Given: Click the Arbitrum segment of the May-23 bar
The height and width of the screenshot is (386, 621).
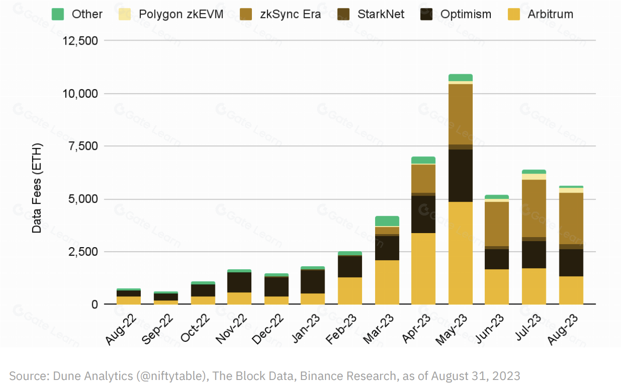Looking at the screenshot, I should coord(460,253).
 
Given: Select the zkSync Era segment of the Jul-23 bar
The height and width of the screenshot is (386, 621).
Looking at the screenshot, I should coord(534,208).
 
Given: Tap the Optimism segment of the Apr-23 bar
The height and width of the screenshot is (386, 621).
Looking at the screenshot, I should coord(423,215).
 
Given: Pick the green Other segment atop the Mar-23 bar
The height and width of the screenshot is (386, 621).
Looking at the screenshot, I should coord(387,221).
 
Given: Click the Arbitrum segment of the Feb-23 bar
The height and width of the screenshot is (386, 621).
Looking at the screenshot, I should coord(350,291).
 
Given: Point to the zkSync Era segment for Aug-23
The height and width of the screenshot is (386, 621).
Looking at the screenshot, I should coord(571,219).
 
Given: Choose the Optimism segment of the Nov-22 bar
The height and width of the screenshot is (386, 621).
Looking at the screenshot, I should coord(239,282).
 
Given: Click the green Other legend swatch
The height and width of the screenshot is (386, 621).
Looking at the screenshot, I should coord(58,14).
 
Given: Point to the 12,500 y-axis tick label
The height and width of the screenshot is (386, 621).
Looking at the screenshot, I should coord(80,41).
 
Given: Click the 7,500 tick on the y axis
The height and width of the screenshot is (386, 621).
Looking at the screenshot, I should coord(84,146).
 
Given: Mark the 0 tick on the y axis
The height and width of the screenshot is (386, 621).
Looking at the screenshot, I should coord(94,305).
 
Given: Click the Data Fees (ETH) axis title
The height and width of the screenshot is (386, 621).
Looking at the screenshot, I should coord(37,188).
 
